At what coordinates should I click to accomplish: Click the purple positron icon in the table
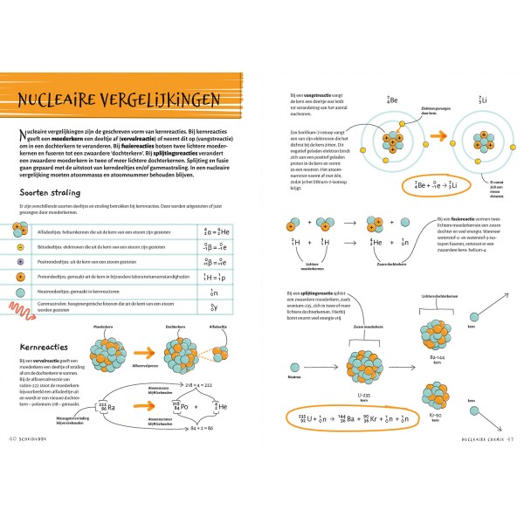[x=19, y=260]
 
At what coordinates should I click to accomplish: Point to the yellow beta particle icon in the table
[x=19, y=245]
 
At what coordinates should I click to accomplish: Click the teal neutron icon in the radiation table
[x=19, y=292]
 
